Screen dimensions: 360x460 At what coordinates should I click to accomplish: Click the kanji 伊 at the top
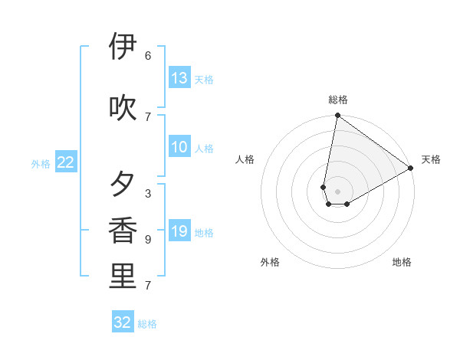pos(123,47)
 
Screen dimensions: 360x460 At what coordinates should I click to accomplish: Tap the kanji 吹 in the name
pos(123,108)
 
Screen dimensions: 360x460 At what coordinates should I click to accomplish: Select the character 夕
pos(123,185)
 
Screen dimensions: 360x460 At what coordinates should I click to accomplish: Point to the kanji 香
pos(123,231)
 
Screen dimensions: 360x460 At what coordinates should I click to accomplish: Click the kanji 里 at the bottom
pos(123,277)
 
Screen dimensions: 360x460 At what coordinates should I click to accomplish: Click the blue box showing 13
pos(179,77)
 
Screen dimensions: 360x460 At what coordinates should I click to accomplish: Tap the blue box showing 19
pos(179,231)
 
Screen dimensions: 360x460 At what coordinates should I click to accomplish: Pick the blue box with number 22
pos(66,162)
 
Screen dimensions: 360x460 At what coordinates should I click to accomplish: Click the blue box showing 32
pos(123,322)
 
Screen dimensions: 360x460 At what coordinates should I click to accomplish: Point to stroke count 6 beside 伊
pos(148,56)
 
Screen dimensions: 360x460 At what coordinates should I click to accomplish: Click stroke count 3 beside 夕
pos(148,194)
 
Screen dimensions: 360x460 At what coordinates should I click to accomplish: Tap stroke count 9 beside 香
pos(148,240)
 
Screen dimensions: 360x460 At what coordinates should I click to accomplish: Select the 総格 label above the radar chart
pos(338,100)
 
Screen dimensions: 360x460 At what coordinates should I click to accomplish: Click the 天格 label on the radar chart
pos(431,159)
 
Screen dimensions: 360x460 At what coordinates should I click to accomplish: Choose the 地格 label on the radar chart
pos(402,262)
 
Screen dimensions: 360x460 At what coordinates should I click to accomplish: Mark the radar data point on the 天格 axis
pos(411,169)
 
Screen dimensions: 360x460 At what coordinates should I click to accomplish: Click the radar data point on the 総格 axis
pos(337,116)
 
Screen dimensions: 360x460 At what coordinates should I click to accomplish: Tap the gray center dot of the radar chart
pos(337,191)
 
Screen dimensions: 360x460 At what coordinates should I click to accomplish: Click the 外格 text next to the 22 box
pos(41,163)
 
